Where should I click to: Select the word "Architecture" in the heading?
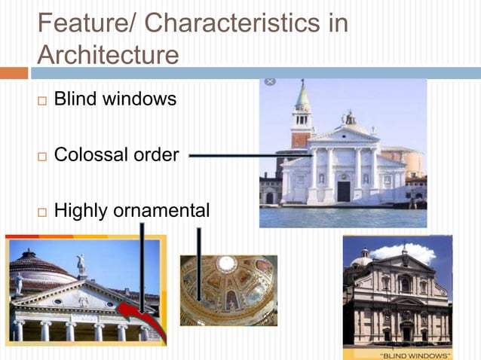(x=108, y=56)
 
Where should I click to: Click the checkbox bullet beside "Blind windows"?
(x=42, y=100)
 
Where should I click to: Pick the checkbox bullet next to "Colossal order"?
(x=42, y=156)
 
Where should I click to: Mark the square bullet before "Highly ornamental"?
(x=42, y=212)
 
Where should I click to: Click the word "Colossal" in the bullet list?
(x=88, y=155)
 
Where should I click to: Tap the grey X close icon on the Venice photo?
(x=270, y=81)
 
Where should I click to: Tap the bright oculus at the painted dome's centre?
(x=225, y=264)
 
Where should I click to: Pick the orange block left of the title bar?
(x=14, y=73)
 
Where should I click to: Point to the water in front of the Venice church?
(x=343, y=216)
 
